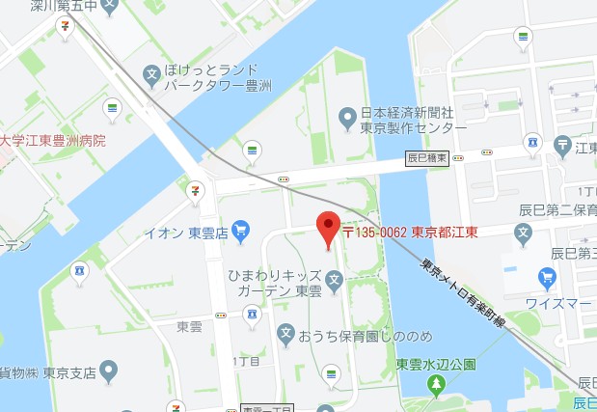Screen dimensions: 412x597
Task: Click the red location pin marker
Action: [328, 228]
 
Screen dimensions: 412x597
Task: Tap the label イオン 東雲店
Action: [185, 232]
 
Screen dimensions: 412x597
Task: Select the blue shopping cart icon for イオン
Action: [240, 231]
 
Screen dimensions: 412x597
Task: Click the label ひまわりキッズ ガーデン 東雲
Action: [275, 282]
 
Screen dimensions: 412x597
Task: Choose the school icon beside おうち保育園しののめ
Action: [285, 334]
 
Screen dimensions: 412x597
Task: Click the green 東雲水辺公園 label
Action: [436, 365]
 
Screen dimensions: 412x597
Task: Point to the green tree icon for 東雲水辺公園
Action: [435, 386]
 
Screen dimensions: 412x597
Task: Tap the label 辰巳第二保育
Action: [559, 209]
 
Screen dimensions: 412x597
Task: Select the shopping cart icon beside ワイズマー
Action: [547, 278]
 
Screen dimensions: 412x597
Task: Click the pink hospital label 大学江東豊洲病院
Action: [53, 141]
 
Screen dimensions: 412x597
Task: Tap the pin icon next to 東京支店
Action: [108, 370]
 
